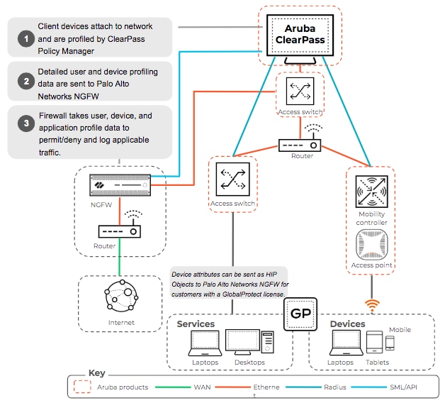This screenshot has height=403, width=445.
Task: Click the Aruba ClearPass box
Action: (x=300, y=35)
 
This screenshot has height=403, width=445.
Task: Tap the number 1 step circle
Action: (x=26, y=38)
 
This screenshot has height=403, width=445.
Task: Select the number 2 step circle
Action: (x=26, y=82)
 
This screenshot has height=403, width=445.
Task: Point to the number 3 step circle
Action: (x=26, y=123)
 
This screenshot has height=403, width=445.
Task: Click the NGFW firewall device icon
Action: (x=120, y=185)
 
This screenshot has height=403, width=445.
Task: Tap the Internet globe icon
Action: (x=121, y=296)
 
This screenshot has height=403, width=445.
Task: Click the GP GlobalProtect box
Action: (x=300, y=314)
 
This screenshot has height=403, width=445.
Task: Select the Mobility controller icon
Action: (x=371, y=192)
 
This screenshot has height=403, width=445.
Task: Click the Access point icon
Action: (x=371, y=245)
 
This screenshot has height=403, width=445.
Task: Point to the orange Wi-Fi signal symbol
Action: (x=372, y=306)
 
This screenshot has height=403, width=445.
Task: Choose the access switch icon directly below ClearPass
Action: (x=300, y=92)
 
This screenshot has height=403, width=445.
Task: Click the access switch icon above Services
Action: (x=232, y=180)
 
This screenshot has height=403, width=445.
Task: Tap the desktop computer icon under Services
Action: (x=249, y=342)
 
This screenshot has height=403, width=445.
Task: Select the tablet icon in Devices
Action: (x=374, y=342)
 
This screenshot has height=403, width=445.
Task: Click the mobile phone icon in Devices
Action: (x=390, y=343)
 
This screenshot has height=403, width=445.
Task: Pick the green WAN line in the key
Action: (x=173, y=387)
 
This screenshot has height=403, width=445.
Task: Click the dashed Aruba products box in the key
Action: (x=82, y=387)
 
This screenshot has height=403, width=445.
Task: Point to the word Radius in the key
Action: (x=335, y=387)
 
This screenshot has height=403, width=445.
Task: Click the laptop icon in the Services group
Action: (x=205, y=343)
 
